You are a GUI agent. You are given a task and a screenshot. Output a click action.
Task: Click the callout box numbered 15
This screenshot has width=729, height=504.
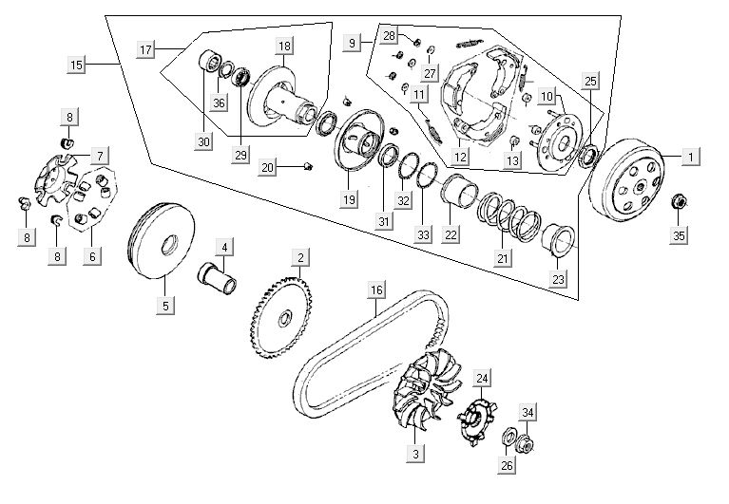point(77,65)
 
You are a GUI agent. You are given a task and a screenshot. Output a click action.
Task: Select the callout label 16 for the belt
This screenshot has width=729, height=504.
point(377,289)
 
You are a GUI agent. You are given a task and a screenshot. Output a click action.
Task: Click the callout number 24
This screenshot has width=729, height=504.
point(483,379)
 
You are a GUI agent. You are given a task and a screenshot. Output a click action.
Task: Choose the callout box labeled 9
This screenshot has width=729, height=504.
point(353,44)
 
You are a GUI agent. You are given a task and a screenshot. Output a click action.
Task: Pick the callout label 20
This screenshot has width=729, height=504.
point(269,168)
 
